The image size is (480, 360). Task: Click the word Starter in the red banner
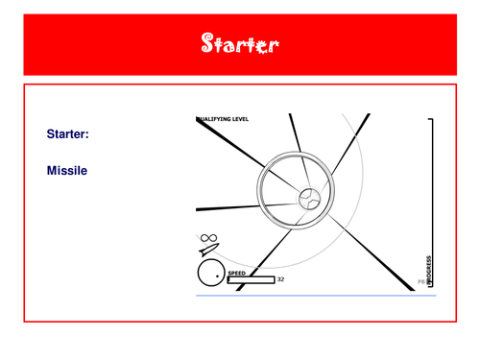(240, 43)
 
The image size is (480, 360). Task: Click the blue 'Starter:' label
(67, 134)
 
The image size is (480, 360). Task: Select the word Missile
(67, 170)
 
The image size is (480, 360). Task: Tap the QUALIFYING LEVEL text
(223, 119)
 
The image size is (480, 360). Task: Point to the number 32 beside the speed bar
(280, 279)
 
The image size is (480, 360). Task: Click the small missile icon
(209, 251)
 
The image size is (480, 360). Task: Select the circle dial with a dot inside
(211, 274)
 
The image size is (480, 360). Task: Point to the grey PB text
(420, 282)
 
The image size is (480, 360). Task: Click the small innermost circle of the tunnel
(308, 199)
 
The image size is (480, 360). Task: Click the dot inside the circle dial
(219, 276)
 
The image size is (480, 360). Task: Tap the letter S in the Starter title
(208, 43)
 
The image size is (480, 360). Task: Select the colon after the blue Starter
(87, 135)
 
